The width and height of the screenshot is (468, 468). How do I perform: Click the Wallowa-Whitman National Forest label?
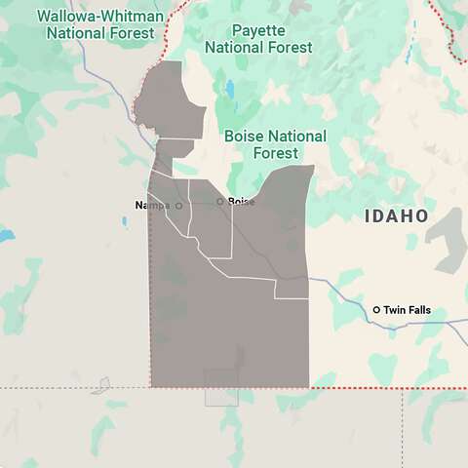coord(98,24)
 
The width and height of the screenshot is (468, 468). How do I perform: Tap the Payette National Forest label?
coord(258,39)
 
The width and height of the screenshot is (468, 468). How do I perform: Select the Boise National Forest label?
coord(275,144)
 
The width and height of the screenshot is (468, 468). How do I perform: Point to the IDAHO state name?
coord(396,215)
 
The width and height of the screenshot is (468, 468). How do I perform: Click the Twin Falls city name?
coord(407,310)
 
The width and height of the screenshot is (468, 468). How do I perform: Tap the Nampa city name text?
coord(152,206)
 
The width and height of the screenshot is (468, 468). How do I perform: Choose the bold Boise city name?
coord(241,202)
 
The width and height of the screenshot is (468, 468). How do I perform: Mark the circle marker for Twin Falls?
coord(376,310)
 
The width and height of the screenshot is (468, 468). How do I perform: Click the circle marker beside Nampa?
coord(178,206)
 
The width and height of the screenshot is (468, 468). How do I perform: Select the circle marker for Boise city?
coord(220,202)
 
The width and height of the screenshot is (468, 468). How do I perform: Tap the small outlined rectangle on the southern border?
coord(221,387)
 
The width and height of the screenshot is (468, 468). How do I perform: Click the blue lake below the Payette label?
coord(230,92)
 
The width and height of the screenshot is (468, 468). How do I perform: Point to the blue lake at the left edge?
coord(5,235)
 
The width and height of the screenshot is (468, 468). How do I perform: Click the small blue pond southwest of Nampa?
coord(125,221)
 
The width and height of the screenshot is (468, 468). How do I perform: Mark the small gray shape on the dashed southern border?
coord(100,385)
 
